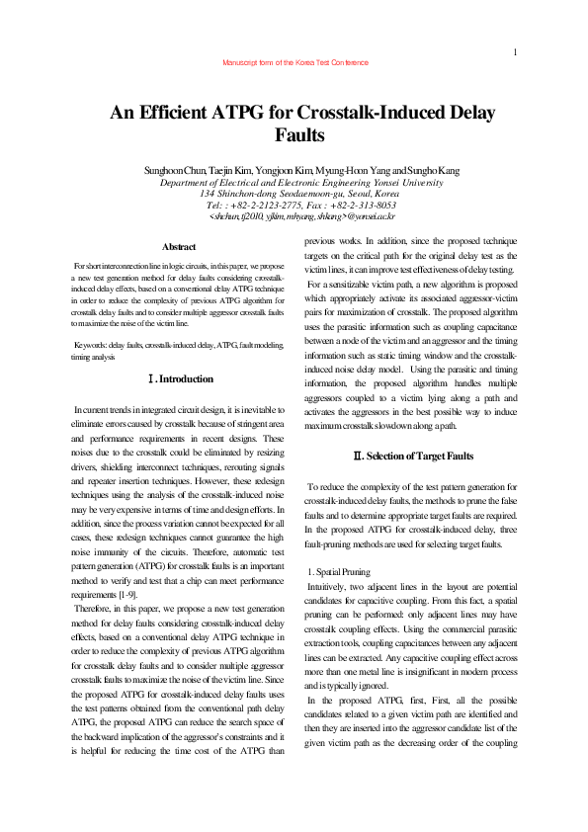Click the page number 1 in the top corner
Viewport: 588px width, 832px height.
pyautogui.click(x=517, y=51)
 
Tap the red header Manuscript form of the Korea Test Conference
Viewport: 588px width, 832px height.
pyautogui.click(x=295, y=62)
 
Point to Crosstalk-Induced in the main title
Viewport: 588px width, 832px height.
pyautogui.click(x=384, y=113)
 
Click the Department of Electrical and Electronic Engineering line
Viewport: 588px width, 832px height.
pyautogui.click(x=295, y=183)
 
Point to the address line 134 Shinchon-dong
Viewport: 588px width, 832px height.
pyautogui.click(x=295, y=194)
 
